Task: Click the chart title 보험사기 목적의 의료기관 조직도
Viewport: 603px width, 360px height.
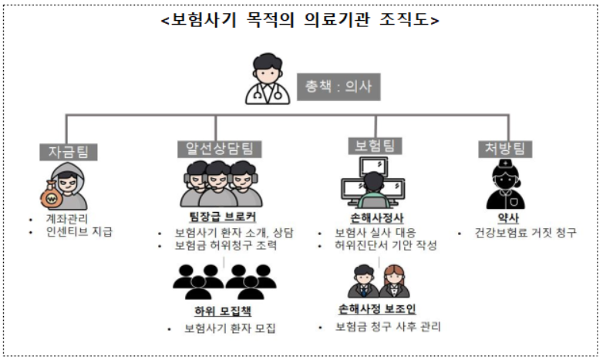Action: pyautogui.click(x=300, y=19)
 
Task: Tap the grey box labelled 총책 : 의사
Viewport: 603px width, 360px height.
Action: pyautogui.click(x=339, y=87)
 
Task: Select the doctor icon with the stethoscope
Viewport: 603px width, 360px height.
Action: pyautogui.click(x=268, y=79)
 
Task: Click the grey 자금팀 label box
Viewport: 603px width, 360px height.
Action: pyautogui.click(x=69, y=152)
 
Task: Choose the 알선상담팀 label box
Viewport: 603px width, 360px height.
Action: pyautogui.click(x=220, y=149)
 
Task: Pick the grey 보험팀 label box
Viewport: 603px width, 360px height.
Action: pyautogui.click(x=375, y=146)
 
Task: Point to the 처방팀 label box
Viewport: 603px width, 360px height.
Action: pyautogui.click(x=505, y=149)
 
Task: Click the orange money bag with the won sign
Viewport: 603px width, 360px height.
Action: pyautogui.click(x=51, y=195)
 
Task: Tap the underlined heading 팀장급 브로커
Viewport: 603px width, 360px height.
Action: pyautogui.click(x=223, y=217)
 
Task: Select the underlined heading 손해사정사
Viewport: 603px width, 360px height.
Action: pyautogui.click(x=376, y=218)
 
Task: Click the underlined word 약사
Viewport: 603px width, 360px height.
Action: pyautogui.click(x=508, y=218)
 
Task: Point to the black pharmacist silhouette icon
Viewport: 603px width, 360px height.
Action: pyautogui.click(x=506, y=185)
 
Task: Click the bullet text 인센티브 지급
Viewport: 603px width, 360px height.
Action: pyautogui.click(x=79, y=232)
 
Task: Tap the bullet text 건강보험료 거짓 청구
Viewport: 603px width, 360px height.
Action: pyautogui.click(x=526, y=233)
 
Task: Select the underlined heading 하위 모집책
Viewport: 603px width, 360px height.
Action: pyautogui.click(x=223, y=311)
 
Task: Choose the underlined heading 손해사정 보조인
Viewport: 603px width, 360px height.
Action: pyautogui.click(x=377, y=309)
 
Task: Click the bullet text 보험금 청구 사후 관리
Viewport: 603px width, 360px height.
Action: pyautogui.click(x=388, y=327)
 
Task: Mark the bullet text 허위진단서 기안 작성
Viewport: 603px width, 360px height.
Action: pyautogui.click(x=386, y=245)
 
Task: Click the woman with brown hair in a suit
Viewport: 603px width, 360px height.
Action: pyautogui.click(x=394, y=281)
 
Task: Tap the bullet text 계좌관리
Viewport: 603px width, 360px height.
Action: pyautogui.click(x=67, y=219)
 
